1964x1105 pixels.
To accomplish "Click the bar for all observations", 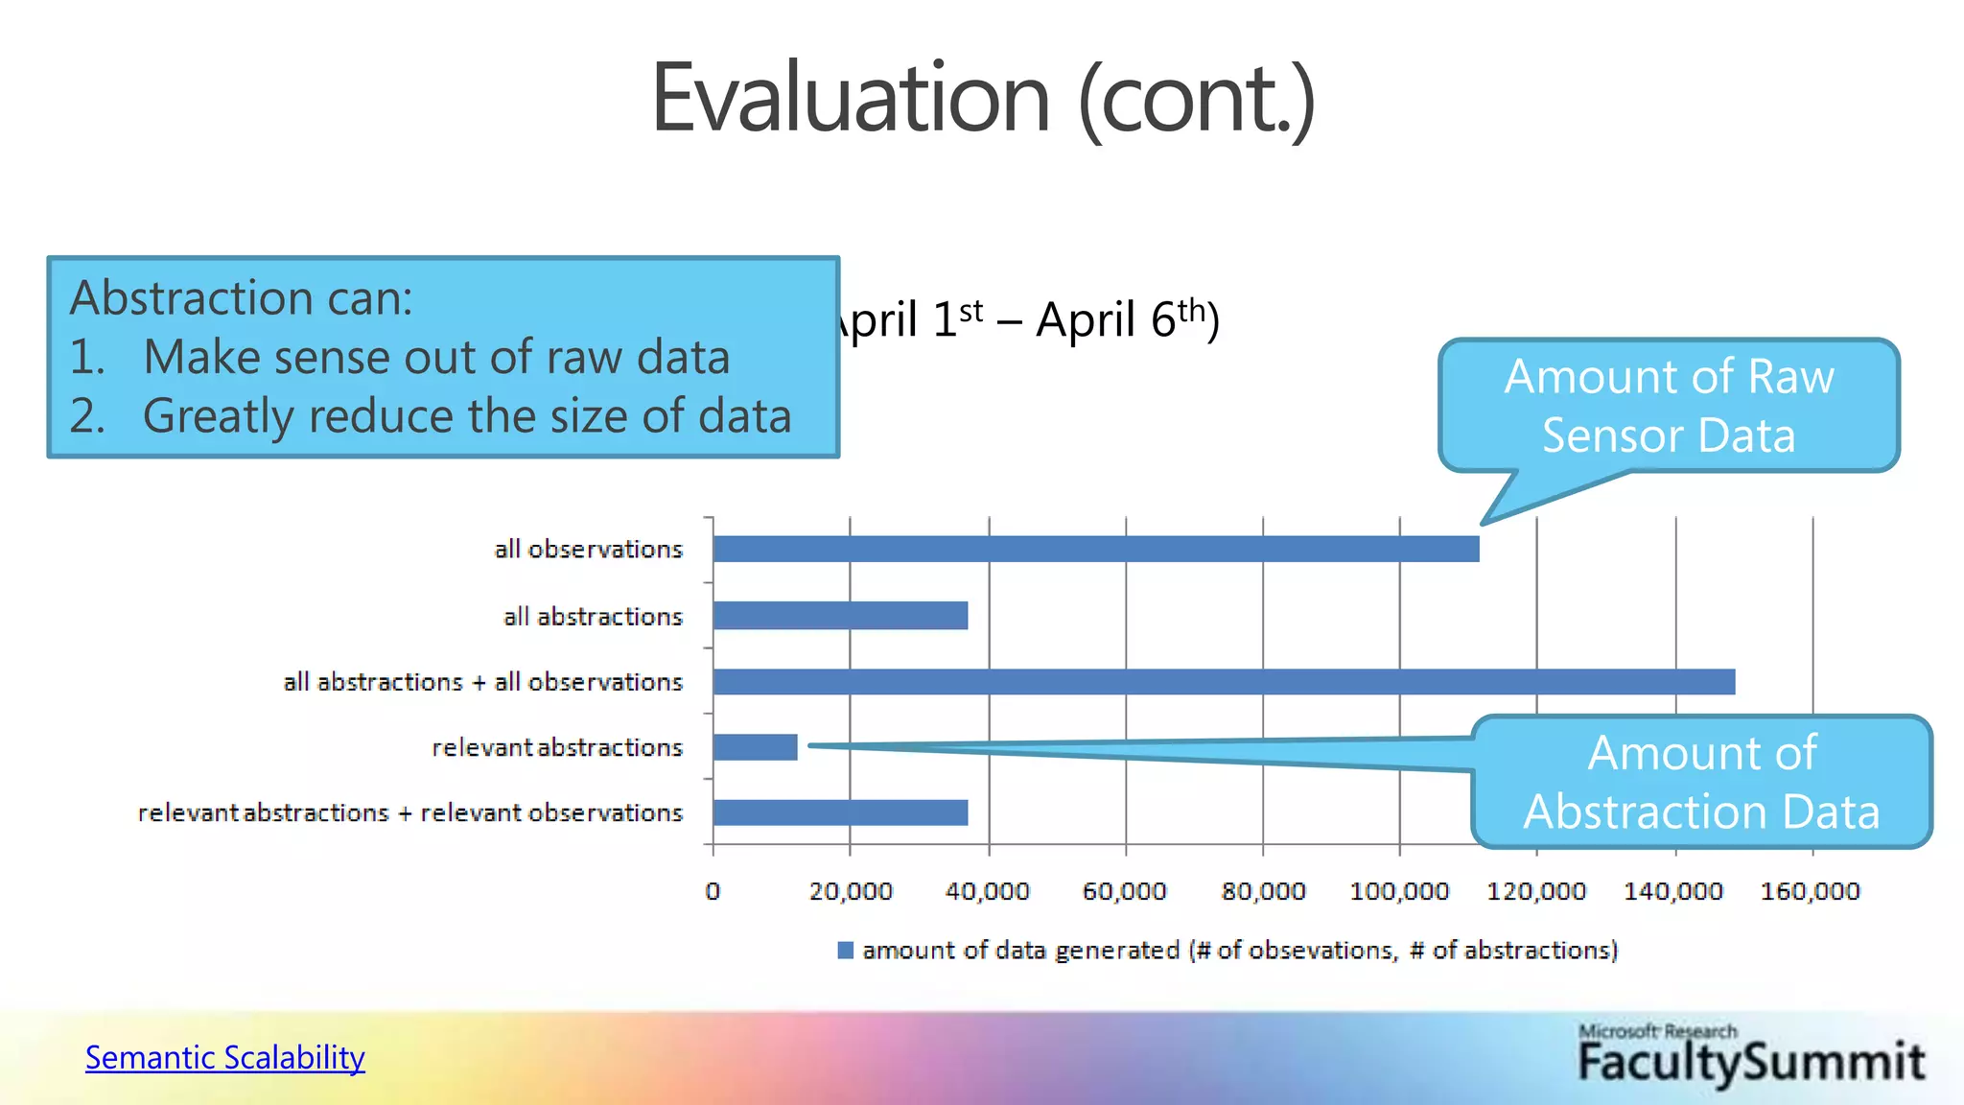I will [1095, 549].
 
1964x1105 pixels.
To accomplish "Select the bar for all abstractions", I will [840, 616].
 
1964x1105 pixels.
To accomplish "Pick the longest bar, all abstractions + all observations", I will [1224, 682].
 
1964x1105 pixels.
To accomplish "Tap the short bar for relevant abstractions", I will [756, 747].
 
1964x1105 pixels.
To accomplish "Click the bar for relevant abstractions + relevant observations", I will [840, 812].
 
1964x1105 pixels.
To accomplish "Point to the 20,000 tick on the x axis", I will [851, 891].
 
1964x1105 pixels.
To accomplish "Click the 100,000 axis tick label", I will [1399, 891].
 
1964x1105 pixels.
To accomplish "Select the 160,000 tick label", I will [1810, 891].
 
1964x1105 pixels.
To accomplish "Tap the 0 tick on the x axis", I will [713, 891].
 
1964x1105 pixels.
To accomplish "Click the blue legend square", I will [845, 950].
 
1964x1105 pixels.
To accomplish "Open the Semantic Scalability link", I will [225, 1057].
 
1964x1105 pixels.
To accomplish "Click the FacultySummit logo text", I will [1751, 1062].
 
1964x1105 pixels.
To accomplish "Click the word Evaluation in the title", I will [851, 99].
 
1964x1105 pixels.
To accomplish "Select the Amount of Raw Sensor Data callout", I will [1669, 406].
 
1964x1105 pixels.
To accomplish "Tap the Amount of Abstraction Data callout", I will [1701, 782].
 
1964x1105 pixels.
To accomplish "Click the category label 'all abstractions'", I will [593, 616].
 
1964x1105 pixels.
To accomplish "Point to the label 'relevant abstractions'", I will [557, 747].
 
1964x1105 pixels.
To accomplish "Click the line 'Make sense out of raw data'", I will [436, 357].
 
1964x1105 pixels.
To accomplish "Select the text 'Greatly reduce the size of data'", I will [467, 416].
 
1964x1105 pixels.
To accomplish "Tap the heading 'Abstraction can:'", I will [242, 297].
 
